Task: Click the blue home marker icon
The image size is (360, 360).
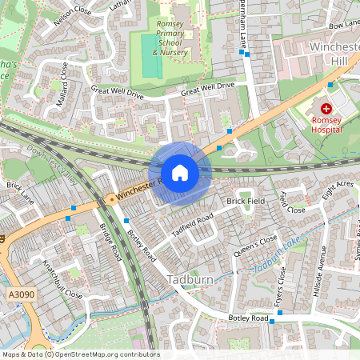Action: click(179, 172)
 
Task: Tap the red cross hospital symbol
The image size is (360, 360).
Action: click(326, 108)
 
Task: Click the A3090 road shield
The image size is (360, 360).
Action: click(23, 295)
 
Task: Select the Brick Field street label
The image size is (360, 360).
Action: click(245, 201)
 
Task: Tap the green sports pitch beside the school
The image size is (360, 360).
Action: click(150, 54)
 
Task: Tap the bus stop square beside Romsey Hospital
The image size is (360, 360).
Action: click(330, 84)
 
